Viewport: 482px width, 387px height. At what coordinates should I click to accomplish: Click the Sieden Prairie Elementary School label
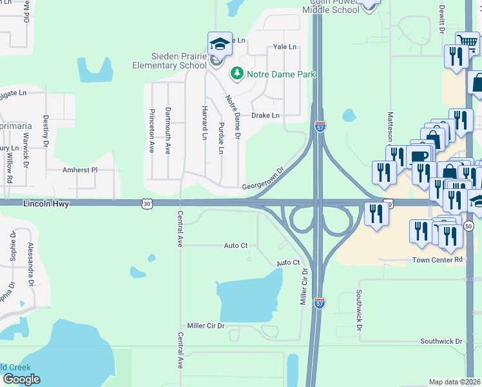click(170, 61)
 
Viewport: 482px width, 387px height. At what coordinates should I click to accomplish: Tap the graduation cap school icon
click(220, 44)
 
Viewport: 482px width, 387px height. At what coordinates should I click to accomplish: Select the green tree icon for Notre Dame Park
click(237, 74)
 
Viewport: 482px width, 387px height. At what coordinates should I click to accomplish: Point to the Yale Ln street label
click(284, 47)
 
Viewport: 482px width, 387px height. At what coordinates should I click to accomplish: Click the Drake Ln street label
click(265, 115)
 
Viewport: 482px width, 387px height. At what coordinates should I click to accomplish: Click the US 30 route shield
click(147, 204)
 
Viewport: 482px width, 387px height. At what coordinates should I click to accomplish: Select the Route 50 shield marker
click(468, 226)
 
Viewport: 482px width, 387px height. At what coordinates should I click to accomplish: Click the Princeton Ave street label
click(152, 130)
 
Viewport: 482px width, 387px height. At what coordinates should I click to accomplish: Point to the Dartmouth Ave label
click(168, 130)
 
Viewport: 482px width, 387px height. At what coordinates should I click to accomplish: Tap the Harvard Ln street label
click(204, 123)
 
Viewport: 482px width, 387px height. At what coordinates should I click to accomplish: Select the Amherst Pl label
click(79, 170)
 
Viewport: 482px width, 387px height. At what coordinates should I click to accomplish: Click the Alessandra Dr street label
click(30, 264)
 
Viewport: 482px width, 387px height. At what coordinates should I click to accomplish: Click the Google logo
click(21, 379)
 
